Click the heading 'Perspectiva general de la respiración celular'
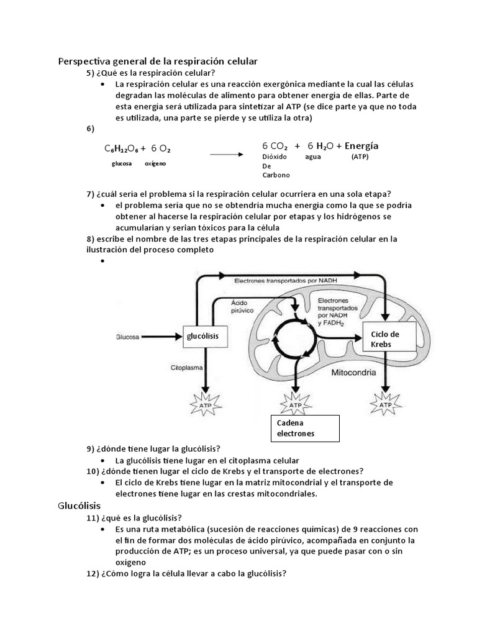(x=157, y=61)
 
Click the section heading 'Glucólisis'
(x=79, y=506)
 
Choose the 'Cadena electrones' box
(x=304, y=428)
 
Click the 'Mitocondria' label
(x=356, y=374)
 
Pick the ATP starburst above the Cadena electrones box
(x=296, y=404)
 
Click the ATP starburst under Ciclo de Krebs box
(x=386, y=404)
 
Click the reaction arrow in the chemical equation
(x=225, y=154)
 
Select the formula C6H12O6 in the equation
(x=121, y=149)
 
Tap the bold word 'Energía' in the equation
(x=361, y=146)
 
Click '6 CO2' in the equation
(x=275, y=146)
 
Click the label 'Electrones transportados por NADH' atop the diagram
(x=286, y=281)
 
